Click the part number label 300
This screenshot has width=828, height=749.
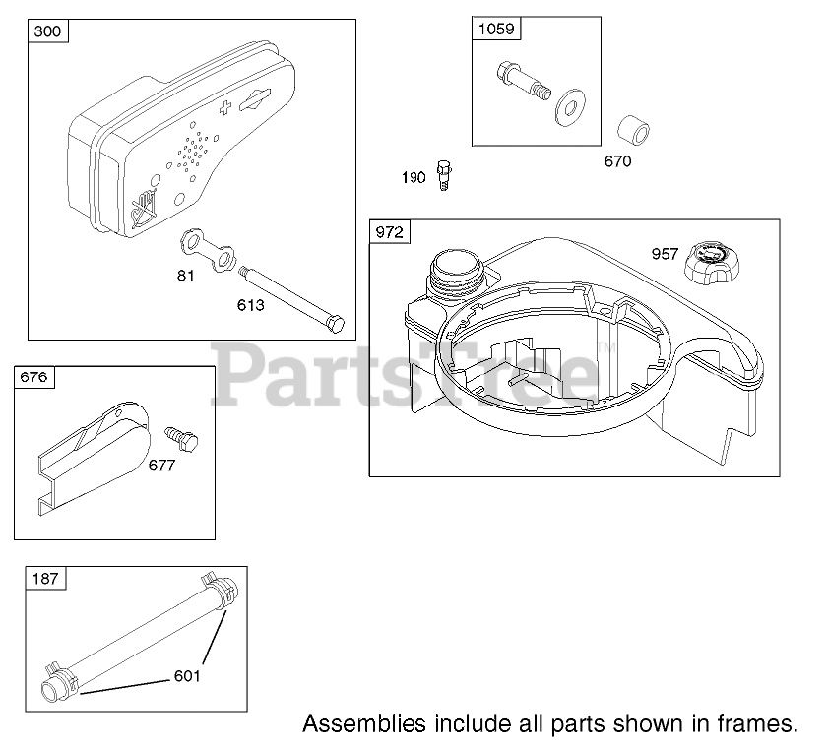(47, 31)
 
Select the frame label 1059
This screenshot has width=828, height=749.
(495, 29)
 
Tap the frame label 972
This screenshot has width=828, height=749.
(390, 232)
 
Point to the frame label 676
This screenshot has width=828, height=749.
(33, 378)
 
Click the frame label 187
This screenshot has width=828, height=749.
(46, 579)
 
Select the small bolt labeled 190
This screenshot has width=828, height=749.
(444, 175)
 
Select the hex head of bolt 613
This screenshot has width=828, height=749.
(336, 324)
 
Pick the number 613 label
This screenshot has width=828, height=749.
(250, 305)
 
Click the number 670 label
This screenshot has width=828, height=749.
(616, 161)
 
